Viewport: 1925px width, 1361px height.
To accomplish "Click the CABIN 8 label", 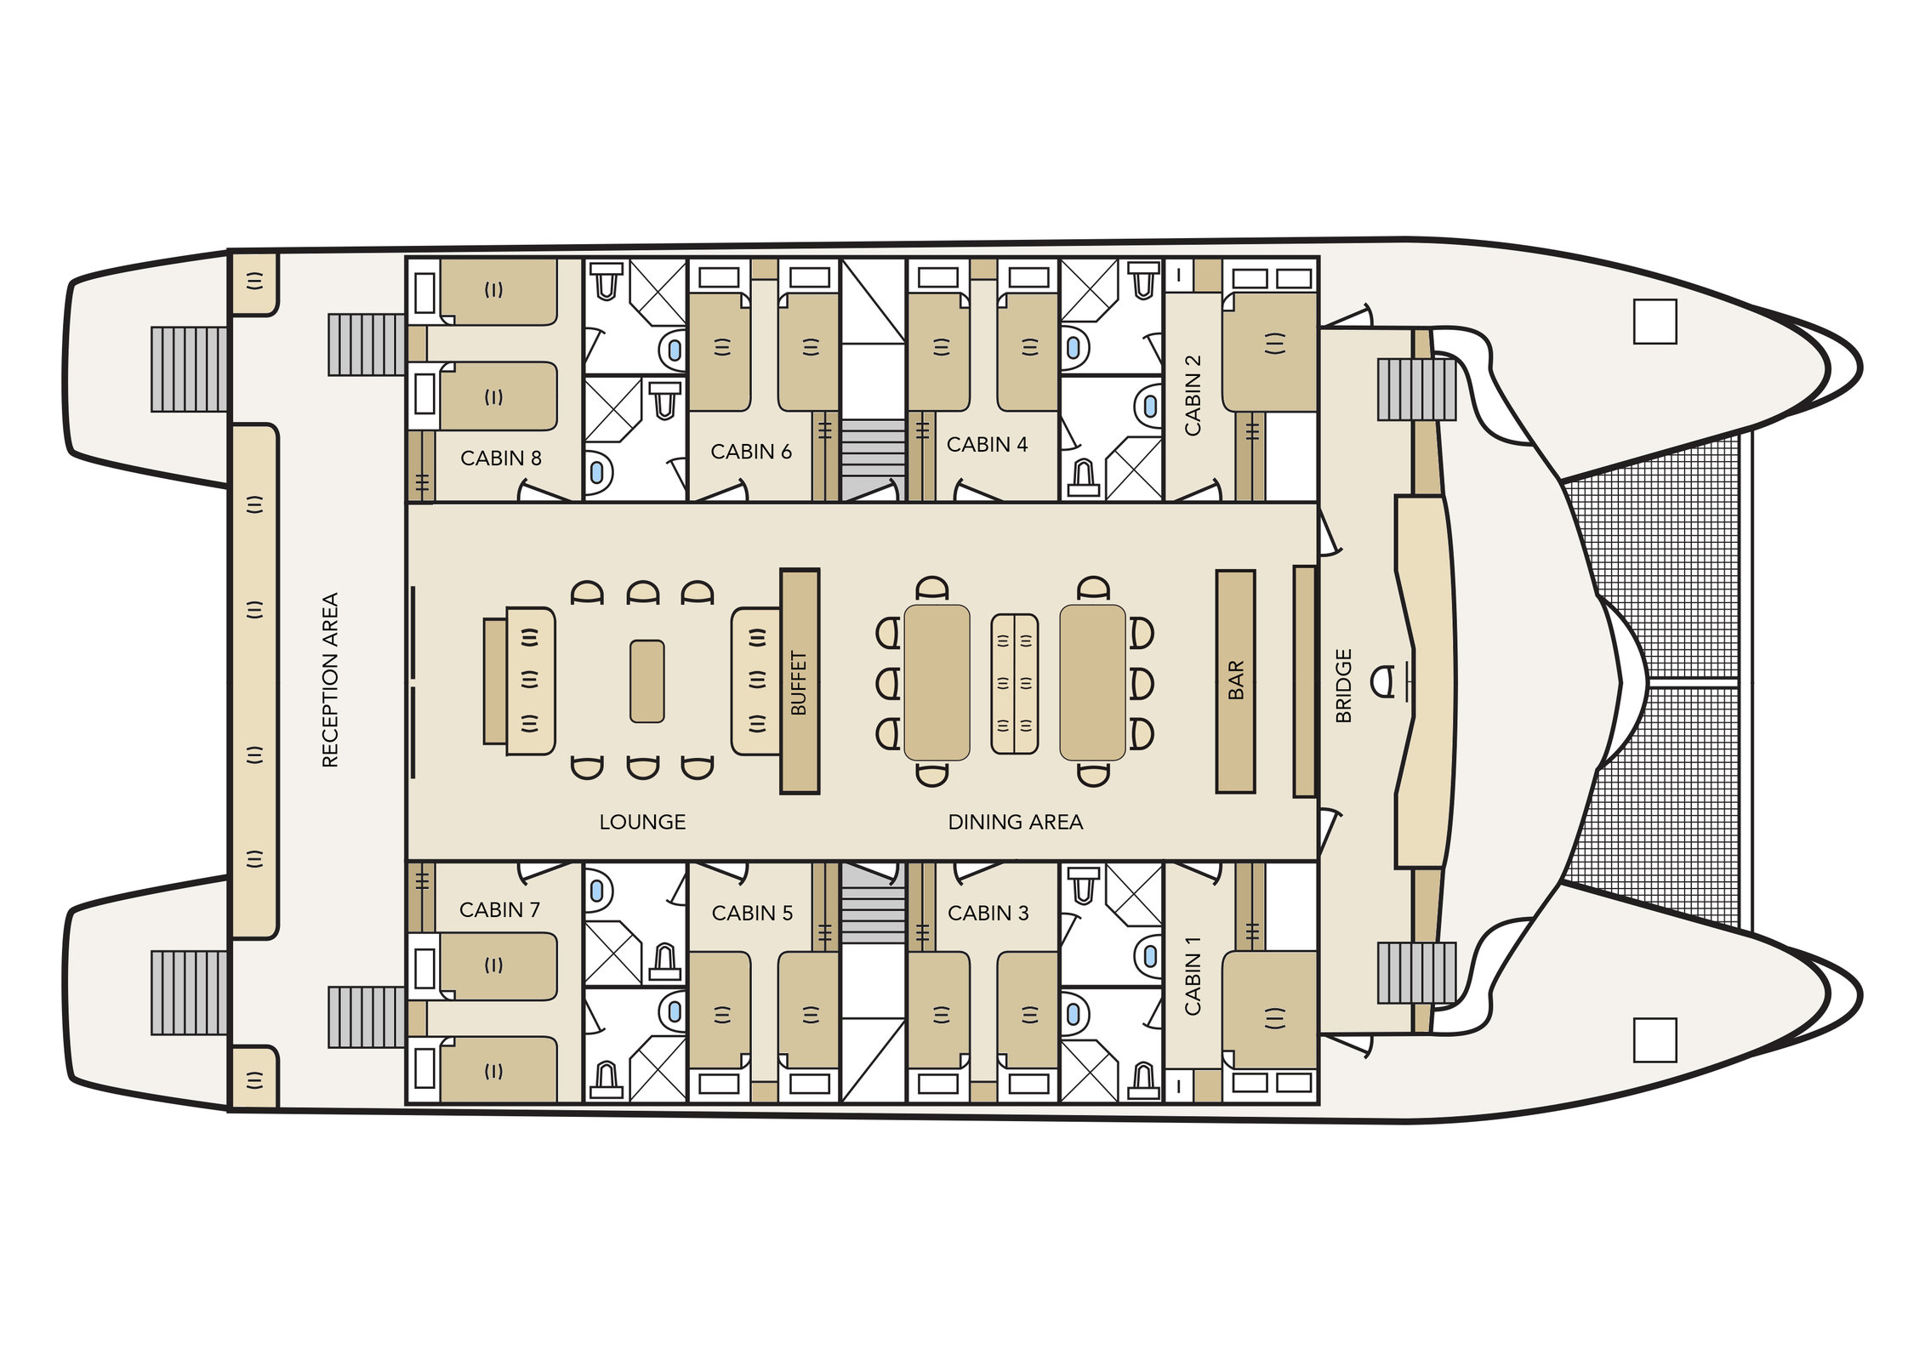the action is [500, 458].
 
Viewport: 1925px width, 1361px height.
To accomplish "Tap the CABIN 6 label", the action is [751, 452].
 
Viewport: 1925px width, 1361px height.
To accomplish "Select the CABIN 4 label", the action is [987, 445].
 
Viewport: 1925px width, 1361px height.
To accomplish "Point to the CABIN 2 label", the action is [1193, 395].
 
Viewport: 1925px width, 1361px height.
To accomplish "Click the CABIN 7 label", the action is [499, 910].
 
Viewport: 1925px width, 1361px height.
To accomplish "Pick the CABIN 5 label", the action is [752, 914].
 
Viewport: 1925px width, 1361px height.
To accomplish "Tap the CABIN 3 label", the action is [988, 914].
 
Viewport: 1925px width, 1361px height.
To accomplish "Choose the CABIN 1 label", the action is [1193, 975].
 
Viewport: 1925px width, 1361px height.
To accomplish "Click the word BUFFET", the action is [799, 682].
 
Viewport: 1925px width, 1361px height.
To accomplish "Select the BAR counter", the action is [1235, 681].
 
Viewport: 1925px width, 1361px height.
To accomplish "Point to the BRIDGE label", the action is [1344, 686].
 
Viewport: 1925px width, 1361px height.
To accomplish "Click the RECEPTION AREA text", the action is [330, 680].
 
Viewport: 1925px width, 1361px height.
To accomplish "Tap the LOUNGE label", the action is [642, 823].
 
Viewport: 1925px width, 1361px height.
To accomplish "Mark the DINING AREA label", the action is [1016, 823].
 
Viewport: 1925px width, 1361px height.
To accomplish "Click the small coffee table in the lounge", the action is [647, 682].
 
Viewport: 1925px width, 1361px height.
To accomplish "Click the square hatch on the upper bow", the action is [1654, 322].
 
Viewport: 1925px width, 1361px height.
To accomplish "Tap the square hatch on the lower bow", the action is [1654, 1040].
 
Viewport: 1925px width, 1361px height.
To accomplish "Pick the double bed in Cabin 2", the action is [1270, 350].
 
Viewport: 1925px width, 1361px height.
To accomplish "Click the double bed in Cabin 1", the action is [1270, 1011].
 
